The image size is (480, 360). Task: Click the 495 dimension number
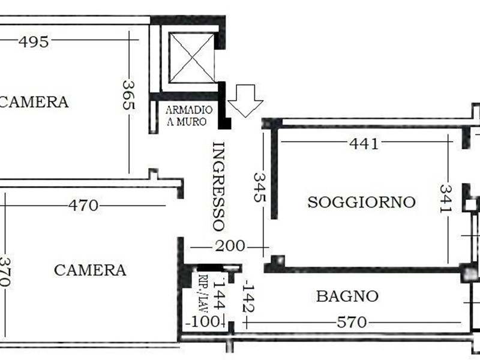click(x=34, y=41)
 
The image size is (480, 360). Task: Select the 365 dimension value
click(x=128, y=95)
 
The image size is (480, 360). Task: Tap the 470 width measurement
click(x=83, y=205)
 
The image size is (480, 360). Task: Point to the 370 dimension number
click(x=5, y=272)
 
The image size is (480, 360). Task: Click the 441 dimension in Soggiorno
click(x=364, y=143)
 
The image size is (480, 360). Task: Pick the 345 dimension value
click(x=260, y=187)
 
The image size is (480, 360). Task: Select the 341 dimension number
click(x=446, y=199)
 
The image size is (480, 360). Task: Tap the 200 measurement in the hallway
click(x=230, y=246)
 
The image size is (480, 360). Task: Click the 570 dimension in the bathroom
click(x=352, y=322)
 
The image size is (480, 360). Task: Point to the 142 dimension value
click(x=248, y=298)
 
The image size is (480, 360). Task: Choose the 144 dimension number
click(x=220, y=294)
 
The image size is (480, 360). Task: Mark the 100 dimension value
click(x=203, y=322)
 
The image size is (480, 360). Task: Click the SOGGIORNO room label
click(x=362, y=202)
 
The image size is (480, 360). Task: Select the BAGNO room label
click(x=347, y=296)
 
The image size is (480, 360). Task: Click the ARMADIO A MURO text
click(x=189, y=116)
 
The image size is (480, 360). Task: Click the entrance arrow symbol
click(x=245, y=101)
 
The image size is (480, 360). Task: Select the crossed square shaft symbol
click(x=191, y=58)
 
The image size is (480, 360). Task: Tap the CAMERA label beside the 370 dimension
click(x=90, y=271)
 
